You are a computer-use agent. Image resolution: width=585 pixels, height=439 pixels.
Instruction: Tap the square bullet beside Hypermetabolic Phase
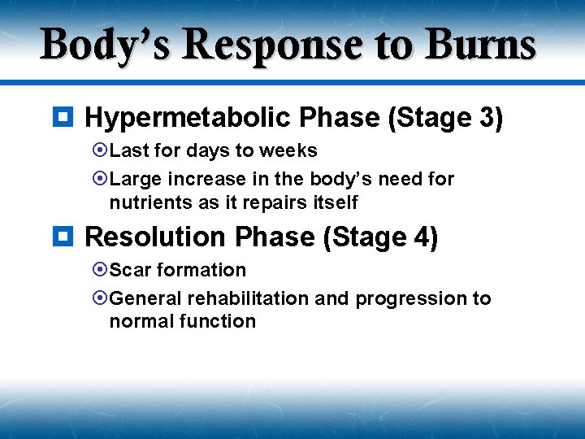68,118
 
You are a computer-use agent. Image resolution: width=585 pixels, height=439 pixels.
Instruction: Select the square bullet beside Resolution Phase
68,237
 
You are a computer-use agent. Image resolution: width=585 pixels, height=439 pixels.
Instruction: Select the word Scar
128,270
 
